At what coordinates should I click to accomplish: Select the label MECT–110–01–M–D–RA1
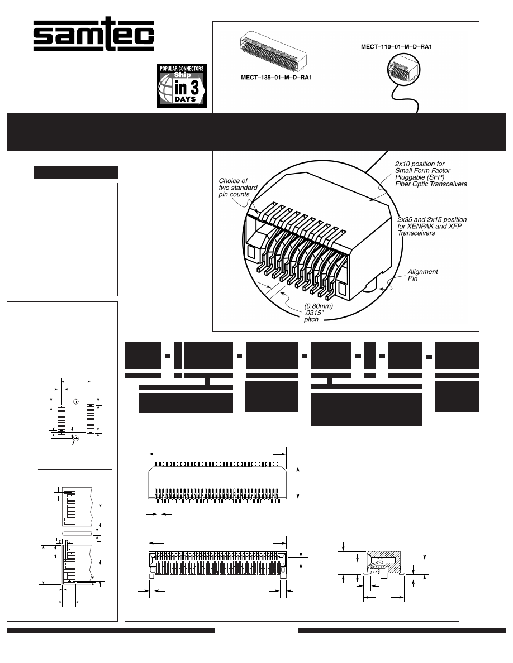point(397,47)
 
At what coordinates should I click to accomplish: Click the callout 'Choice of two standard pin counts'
point(238,188)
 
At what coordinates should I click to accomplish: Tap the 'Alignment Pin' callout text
point(422,275)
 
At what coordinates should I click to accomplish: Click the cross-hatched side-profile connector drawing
point(383,563)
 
